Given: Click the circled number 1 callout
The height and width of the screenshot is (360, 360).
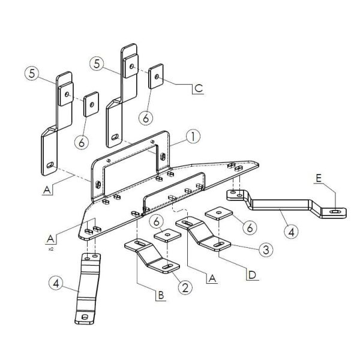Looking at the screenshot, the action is (193, 137).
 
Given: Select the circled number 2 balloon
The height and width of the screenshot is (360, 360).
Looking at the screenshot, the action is (185, 287).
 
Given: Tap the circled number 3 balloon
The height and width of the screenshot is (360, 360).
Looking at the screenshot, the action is (266, 250).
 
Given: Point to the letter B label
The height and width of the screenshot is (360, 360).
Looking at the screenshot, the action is (161, 295).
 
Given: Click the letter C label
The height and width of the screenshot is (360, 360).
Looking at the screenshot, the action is (199, 88).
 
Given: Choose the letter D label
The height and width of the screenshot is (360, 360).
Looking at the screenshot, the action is (252, 275).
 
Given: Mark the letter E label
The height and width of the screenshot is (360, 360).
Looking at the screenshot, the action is (319, 178).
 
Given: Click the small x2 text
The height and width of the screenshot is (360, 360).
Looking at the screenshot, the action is (51, 249).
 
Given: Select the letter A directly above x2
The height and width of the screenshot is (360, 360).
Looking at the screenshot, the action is (50, 239).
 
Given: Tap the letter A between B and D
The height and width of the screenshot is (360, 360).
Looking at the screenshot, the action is (212, 278).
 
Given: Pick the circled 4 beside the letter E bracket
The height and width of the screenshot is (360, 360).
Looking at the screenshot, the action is (291, 232).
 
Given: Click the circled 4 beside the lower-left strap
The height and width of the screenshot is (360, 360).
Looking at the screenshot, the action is (56, 283).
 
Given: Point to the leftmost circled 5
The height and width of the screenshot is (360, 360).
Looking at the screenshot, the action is (32, 73).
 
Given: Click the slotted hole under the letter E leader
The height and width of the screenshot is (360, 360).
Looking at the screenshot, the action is (335, 211).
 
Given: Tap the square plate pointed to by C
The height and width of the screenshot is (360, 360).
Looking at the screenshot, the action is (156, 76).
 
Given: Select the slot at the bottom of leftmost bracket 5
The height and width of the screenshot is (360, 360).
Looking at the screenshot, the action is (50, 164).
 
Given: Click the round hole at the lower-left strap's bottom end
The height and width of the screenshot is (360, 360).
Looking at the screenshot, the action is (85, 317).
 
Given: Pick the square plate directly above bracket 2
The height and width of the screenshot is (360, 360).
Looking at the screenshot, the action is (167, 235).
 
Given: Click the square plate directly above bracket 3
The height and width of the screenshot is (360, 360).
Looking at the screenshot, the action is (219, 213).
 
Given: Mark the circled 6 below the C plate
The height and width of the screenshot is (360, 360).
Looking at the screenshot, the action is (146, 118).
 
